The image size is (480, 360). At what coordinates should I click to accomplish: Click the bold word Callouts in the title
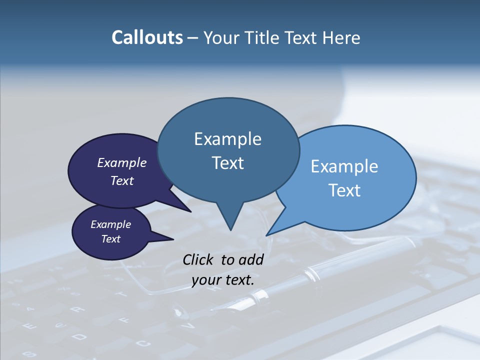(x=147, y=37)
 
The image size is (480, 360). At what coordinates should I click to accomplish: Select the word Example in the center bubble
(x=227, y=139)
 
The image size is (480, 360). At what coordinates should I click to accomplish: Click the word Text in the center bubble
(x=227, y=163)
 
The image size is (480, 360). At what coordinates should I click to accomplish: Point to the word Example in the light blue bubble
(x=344, y=166)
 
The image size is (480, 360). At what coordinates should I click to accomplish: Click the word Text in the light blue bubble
(x=344, y=190)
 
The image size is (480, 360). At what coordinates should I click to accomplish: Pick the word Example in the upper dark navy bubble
(x=122, y=162)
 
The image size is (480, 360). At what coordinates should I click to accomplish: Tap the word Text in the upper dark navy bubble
(x=122, y=180)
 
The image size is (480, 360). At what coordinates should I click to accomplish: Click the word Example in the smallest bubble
(x=111, y=224)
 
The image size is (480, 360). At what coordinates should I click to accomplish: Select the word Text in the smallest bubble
(x=111, y=239)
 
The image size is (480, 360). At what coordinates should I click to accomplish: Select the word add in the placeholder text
(x=251, y=259)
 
